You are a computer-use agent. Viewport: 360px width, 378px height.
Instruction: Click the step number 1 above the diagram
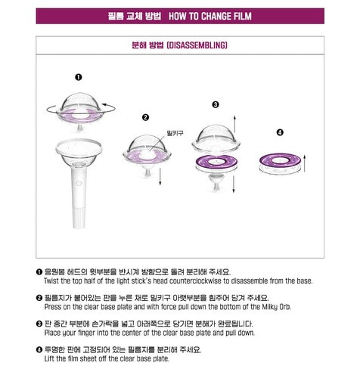(79, 77)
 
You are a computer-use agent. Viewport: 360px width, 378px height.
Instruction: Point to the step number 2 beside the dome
(145, 118)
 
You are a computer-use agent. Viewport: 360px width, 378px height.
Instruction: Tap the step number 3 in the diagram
(215, 104)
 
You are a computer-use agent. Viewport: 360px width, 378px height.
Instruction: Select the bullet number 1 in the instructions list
(39, 271)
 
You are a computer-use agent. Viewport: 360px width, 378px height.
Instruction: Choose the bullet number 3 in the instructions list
(39, 324)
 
